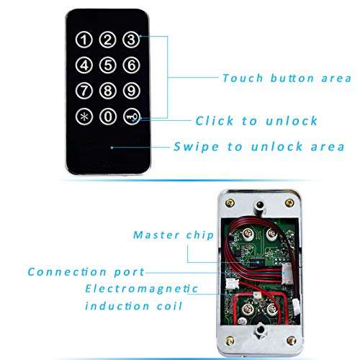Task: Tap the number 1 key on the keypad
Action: (85, 40)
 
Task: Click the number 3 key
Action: (130, 40)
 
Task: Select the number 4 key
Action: (85, 65)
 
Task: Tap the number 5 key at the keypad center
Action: (107, 65)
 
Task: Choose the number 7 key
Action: (85, 90)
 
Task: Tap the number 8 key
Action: (107, 90)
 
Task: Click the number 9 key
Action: (130, 90)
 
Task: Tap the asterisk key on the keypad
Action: (85, 115)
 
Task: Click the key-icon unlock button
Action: (130, 115)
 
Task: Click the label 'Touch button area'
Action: (286, 78)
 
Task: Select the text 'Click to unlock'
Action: (256, 120)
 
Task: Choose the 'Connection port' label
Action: (86, 272)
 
